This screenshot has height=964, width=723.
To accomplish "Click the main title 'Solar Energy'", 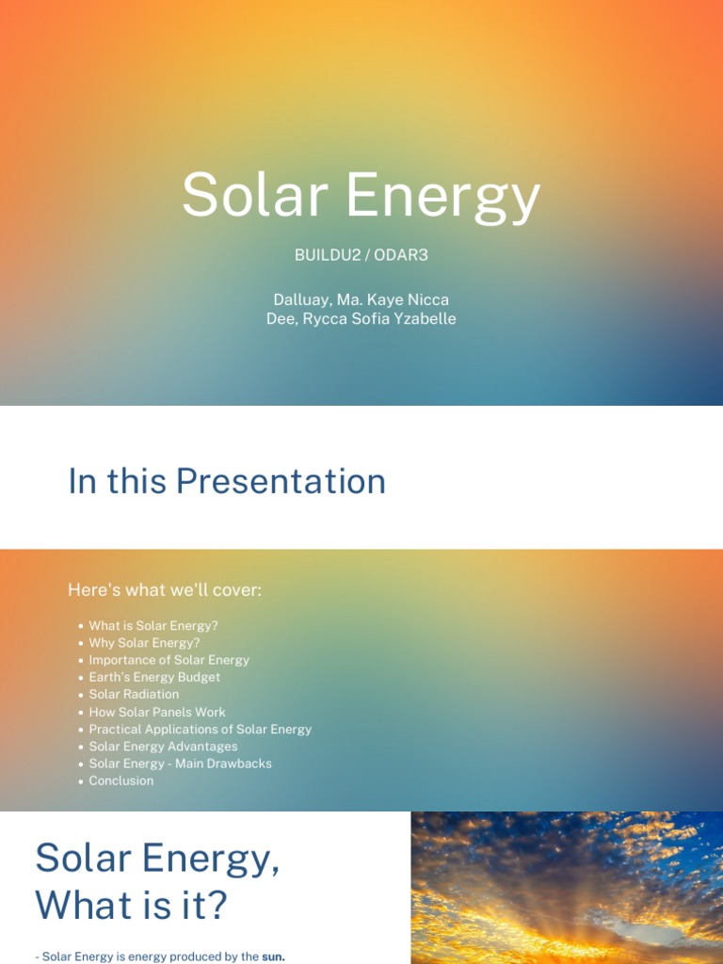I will pos(361,196).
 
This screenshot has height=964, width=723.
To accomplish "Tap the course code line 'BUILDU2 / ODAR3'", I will pos(361,255).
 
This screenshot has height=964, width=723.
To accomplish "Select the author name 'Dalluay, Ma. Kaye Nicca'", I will pos(361,299).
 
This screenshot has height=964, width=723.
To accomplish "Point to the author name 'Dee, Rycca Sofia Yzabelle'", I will pos(361,318).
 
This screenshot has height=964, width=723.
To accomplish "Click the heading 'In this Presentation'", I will pos(227,481).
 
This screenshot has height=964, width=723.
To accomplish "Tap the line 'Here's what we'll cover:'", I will pos(165,590).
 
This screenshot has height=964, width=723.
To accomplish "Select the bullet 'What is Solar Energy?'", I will pos(153,625).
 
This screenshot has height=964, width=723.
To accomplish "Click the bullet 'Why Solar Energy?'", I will pos(144,643).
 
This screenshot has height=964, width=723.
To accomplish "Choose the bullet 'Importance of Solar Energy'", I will pos(169,660).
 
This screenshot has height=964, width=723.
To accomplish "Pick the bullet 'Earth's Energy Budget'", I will pos(154,677).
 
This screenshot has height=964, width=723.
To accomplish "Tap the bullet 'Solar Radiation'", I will pos(134,694).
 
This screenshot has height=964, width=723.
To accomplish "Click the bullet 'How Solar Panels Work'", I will pos(157,712).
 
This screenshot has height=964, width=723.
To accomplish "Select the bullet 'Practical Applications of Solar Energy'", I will pos(201,729).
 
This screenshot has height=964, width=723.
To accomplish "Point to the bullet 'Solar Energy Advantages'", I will pos(163,747).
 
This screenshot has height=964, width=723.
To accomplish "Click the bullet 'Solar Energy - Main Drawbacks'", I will pos(180,763).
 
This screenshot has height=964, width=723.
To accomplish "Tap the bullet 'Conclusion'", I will pos(120,780).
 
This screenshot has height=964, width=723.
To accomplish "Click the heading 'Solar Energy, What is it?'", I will pos(157,882).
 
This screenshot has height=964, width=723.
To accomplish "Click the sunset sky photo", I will pos(567,887).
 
